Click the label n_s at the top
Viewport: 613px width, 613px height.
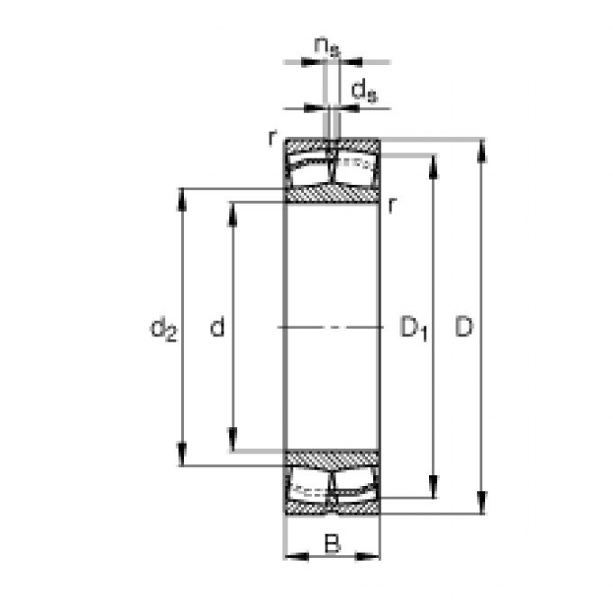327,45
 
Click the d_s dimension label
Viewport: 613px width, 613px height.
362,89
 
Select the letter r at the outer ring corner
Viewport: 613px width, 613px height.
270,137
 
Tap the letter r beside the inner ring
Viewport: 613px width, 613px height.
391,205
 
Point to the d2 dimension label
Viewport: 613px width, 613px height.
163,330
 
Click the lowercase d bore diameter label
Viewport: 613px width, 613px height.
217,328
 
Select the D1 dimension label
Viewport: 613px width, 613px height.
413,330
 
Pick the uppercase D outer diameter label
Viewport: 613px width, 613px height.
462,327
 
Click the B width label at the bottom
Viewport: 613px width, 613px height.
332,544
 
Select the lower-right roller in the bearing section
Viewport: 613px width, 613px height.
355,487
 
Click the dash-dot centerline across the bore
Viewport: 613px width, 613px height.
332,326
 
